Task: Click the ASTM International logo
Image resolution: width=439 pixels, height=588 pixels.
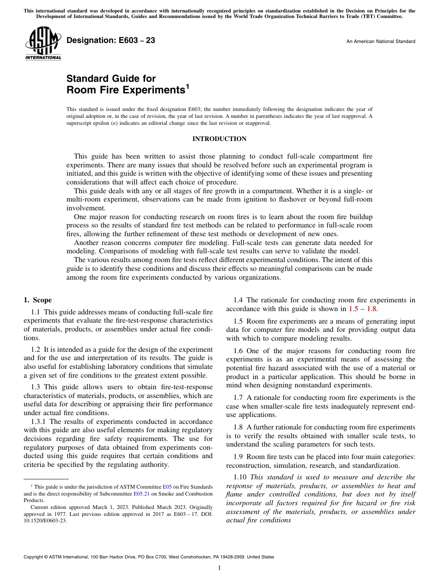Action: pyautogui.click(x=43, y=44)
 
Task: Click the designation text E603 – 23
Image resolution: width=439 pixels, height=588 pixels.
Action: pyautogui.click(x=111, y=41)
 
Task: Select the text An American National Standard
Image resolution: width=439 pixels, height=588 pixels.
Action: pyautogui.click(x=381, y=42)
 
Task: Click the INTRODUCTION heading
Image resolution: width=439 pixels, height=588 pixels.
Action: pyautogui.click(x=219, y=139)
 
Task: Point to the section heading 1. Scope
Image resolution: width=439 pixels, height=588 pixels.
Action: pyautogui.click(x=38, y=300)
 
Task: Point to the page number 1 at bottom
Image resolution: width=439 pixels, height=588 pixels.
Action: pyautogui.click(x=219, y=568)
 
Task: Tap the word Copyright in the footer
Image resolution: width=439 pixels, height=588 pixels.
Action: pyautogui.click(x=34, y=557)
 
